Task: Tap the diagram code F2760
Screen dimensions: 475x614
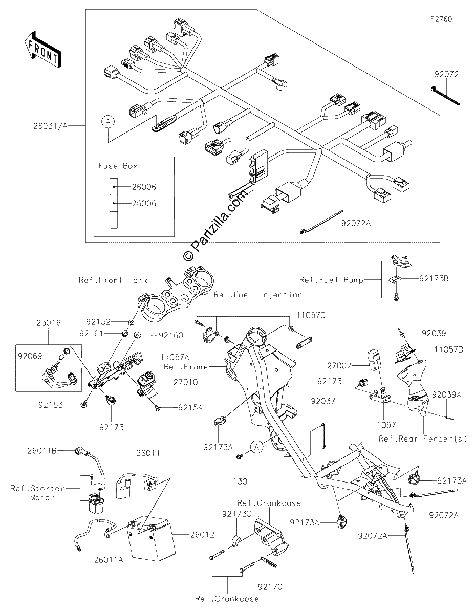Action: coord(441,19)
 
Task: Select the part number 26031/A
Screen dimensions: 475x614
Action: coord(51,126)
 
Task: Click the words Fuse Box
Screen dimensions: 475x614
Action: coord(118,166)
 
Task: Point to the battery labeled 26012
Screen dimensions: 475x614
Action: coord(150,539)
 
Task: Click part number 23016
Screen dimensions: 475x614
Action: coord(49,323)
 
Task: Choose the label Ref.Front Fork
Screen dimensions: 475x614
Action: coord(113,280)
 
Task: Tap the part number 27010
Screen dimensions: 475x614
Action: coord(186,382)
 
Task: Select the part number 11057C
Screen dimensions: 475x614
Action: coord(311,315)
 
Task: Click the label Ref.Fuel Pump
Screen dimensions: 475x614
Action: coord(331,280)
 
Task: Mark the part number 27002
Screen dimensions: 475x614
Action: coord(339,366)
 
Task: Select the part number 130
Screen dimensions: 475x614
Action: coord(240,481)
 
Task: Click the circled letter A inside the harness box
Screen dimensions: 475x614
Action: coord(108,122)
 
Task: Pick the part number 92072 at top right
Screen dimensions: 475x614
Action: coord(446,74)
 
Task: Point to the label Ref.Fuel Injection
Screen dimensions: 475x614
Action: coord(258,295)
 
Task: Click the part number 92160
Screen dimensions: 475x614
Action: coord(171,335)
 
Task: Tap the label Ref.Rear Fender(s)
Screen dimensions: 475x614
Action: coord(423,439)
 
